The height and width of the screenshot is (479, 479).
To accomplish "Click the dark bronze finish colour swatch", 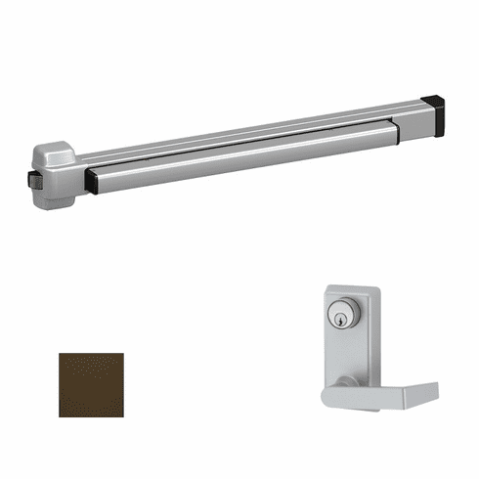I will [91, 384].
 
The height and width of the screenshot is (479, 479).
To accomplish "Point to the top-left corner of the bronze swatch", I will [60, 354].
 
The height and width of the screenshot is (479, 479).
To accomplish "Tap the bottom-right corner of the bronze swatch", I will [122, 415].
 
